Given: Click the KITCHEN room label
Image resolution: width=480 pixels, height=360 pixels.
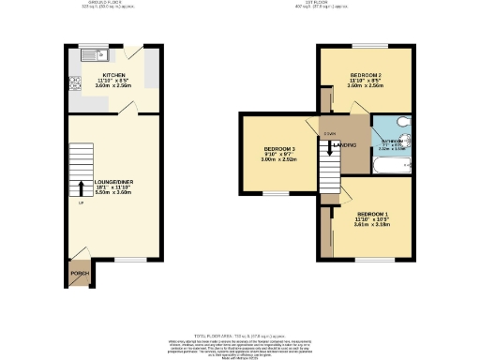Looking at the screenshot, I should tap(113, 74).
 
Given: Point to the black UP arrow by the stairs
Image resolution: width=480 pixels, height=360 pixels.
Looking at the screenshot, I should tap(81, 188).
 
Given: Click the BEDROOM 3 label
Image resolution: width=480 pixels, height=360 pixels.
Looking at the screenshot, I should tap(279, 150).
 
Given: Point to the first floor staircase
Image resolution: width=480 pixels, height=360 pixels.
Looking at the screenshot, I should tap(329, 165).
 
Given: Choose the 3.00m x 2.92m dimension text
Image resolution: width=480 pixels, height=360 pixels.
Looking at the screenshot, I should tap(279, 161).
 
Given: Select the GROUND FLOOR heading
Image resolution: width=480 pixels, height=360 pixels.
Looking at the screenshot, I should tap(113, 4).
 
